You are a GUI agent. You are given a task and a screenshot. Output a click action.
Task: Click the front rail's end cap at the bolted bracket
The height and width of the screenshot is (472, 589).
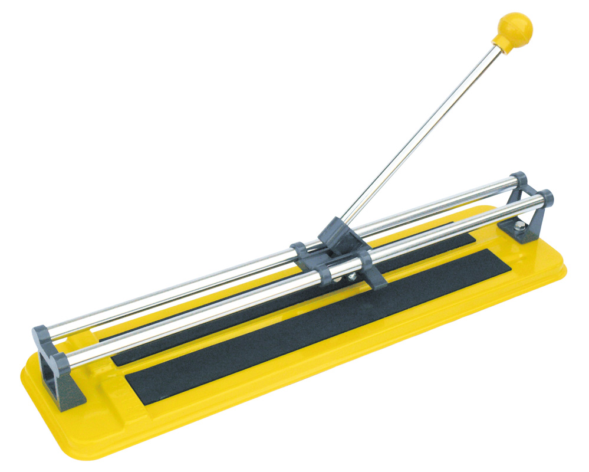(545, 198)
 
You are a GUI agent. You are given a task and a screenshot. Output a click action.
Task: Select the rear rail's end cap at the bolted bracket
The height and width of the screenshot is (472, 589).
(519, 178)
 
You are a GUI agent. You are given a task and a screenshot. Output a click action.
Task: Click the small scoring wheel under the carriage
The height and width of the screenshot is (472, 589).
(351, 276)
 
